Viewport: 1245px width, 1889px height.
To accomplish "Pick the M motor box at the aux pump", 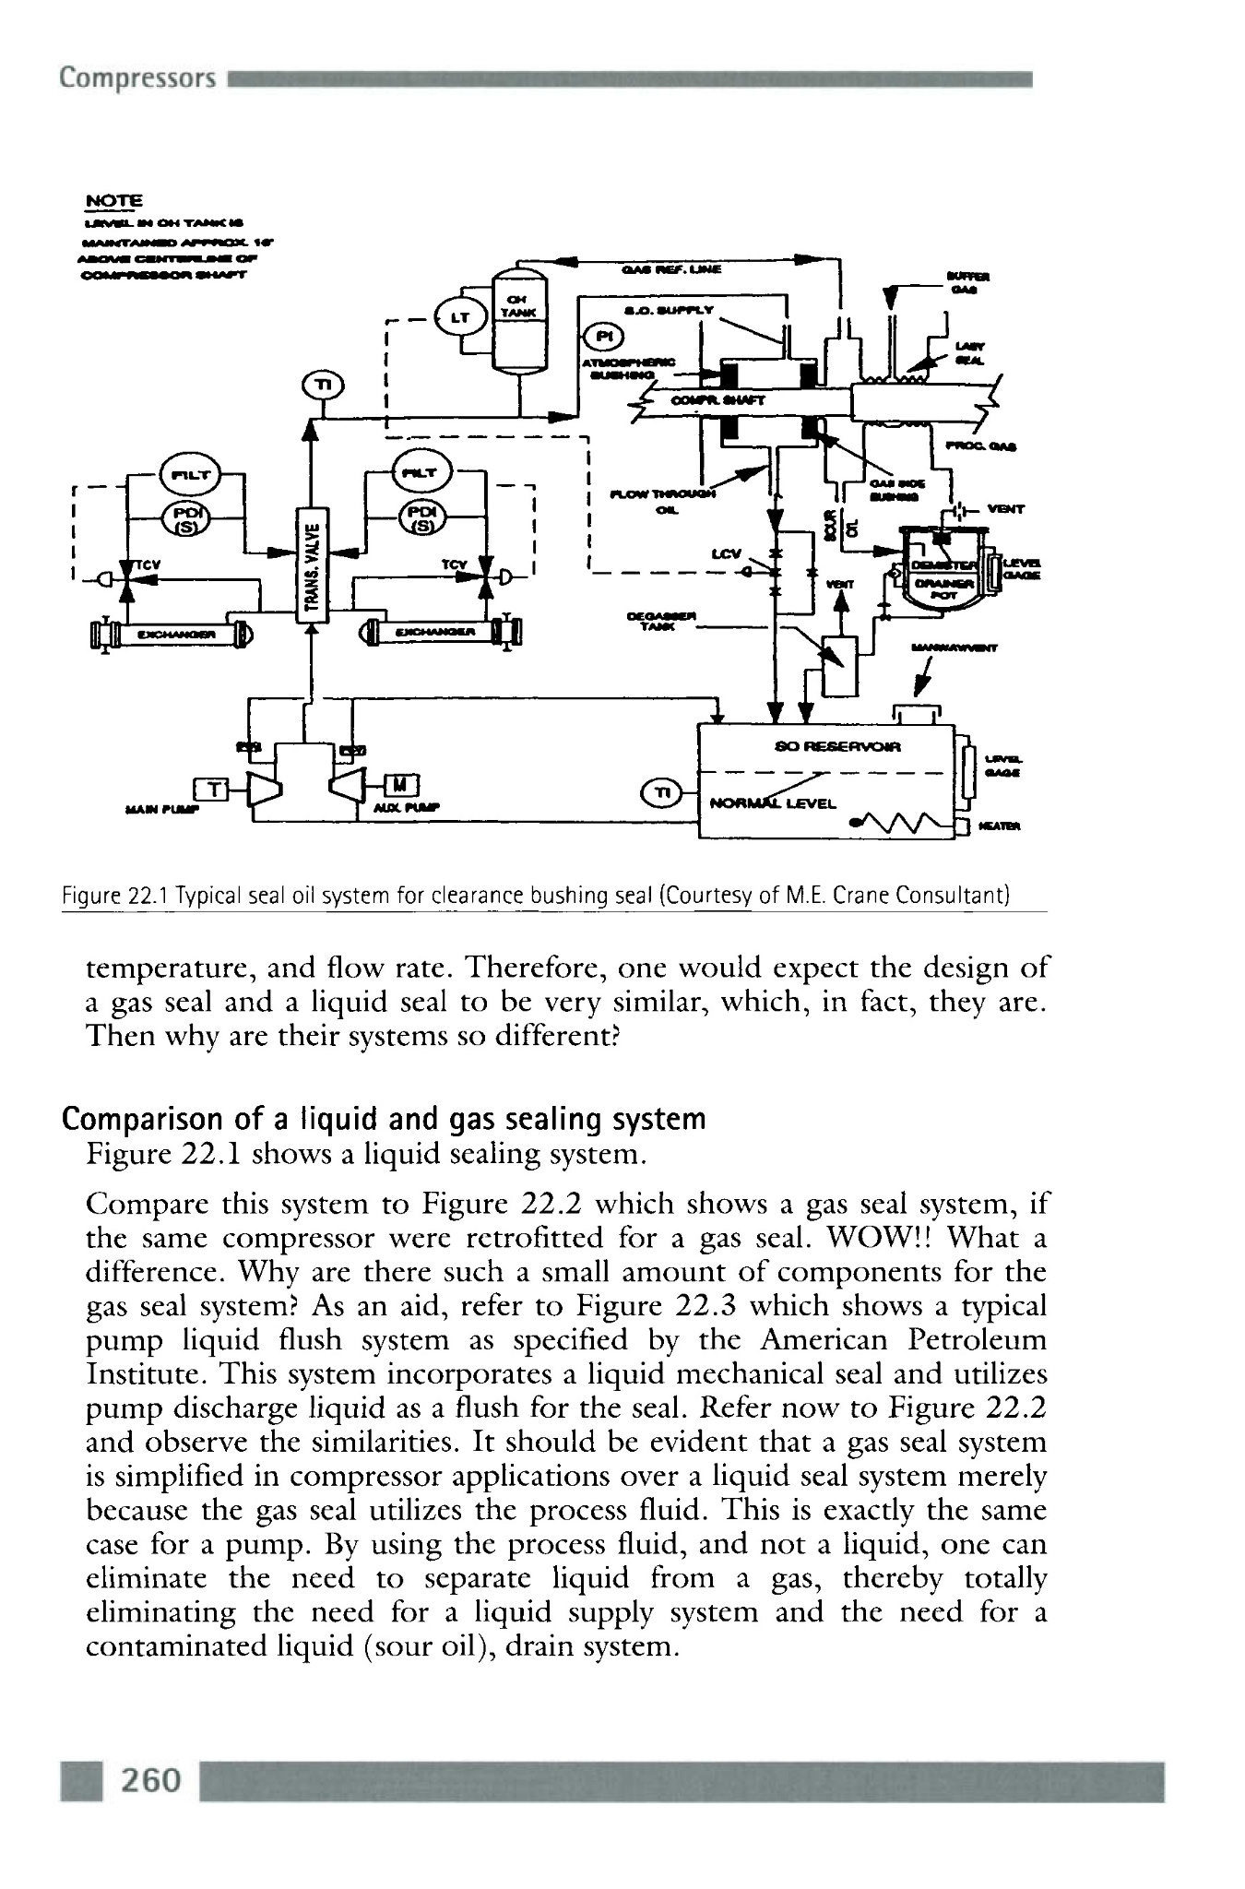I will tap(400, 785).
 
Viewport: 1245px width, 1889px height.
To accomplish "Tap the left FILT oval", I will tap(187, 476).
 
